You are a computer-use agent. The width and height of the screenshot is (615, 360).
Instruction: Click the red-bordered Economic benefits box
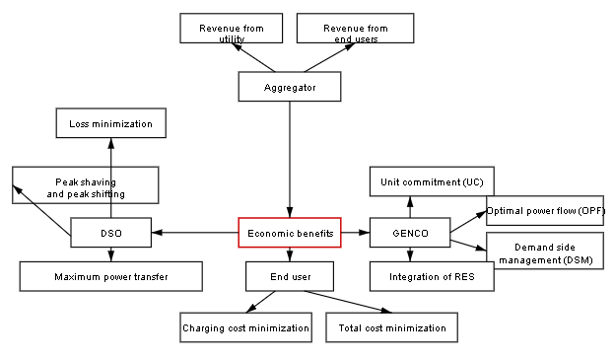[290, 233]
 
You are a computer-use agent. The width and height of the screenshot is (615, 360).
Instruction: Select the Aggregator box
[290, 87]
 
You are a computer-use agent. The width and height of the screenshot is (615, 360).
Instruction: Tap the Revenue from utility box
[230, 29]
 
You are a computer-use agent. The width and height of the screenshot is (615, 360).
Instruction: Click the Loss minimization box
[110, 123]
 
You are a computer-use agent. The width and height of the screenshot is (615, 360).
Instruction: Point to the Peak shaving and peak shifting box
[86, 184]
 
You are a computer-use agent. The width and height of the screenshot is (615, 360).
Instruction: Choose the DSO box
[110, 233]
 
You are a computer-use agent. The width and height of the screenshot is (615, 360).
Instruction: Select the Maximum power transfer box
[110, 276]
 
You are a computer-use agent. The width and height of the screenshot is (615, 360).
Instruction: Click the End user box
[290, 276]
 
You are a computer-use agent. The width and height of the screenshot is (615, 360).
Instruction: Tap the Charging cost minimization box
[246, 327]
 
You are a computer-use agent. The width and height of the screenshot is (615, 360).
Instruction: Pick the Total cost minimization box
[391, 327]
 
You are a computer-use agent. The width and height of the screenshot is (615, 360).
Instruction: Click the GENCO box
[410, 233]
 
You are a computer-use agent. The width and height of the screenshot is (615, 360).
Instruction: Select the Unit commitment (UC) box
[432, 181]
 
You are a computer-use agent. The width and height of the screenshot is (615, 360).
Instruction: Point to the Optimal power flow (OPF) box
[545, 211]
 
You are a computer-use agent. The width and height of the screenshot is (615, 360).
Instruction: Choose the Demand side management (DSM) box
[544, 252]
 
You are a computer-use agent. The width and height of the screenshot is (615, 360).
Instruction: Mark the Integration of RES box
[432, 276]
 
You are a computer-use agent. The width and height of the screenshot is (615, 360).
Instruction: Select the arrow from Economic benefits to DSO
[195, 233]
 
